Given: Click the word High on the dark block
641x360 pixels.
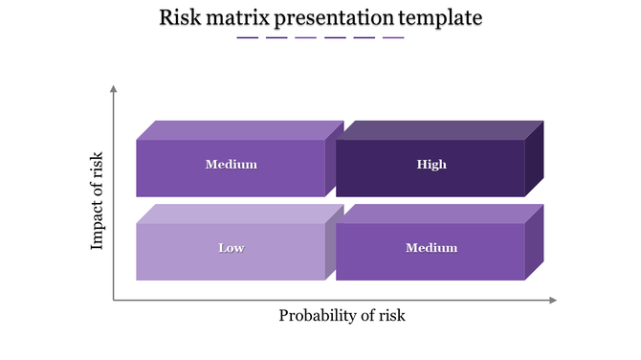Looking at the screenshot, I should pyautogui.click(x=431, y=165).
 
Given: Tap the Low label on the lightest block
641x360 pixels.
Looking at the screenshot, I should pyautogui.click(x=231, y=248).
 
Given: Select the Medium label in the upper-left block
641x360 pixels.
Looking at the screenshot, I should pyautogui.click(x=231, y=165).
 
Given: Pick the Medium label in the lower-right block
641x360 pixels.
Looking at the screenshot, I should pyautogui.click(x=431, y=248).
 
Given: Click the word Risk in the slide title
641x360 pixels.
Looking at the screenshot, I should pyautogui.click(x=179, y=17).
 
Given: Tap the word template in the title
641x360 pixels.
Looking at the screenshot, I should pyautogui.click(x=440, y=18).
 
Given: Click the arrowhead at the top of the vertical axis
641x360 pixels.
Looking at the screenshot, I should pyautogui.click(x=114, y=89).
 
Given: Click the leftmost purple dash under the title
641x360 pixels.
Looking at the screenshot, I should pyautogui.click(x=248, y=38).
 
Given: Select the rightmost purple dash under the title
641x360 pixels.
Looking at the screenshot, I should pyautogui.click(x=393, y=38).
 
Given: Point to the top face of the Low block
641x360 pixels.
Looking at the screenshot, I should pyautogui.click(x=239, y=214).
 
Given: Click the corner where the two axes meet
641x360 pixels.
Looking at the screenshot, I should pyautogui.click(x=114, y=301).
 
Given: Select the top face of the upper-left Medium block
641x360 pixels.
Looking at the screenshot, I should pyautogui.click(x=239, y=130).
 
